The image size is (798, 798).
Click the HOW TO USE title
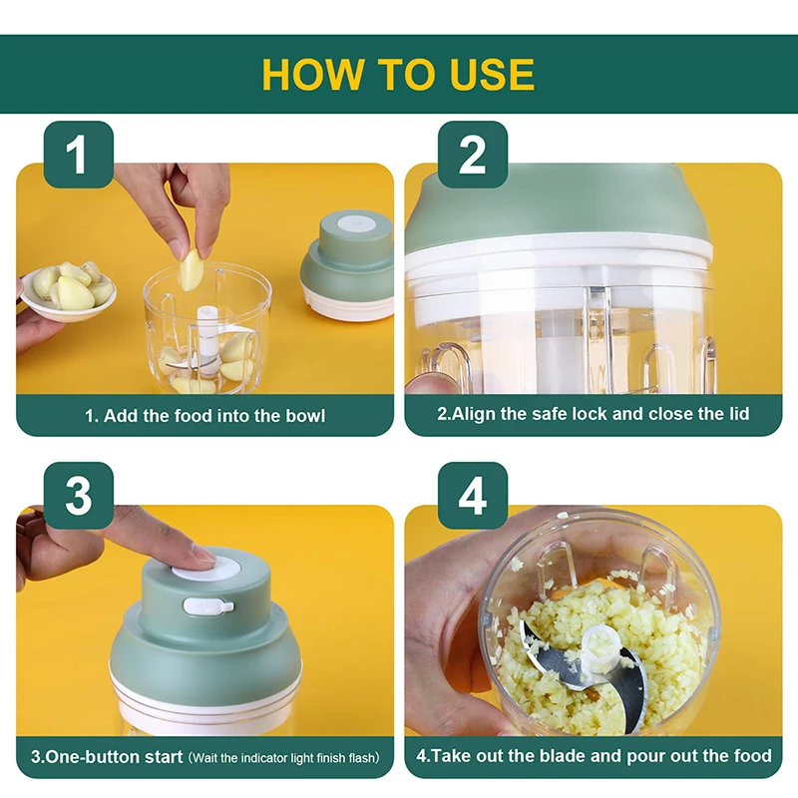tap(398, 75)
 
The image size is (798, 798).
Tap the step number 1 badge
tap(79, 155)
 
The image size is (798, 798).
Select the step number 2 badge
tap(472, 155)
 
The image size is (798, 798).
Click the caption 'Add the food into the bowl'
tap(204, 415)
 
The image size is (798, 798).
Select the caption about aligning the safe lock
tap(593, 414)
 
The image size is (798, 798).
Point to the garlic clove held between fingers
tap(191, 269)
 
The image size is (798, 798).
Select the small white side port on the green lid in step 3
tap(221, 605)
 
